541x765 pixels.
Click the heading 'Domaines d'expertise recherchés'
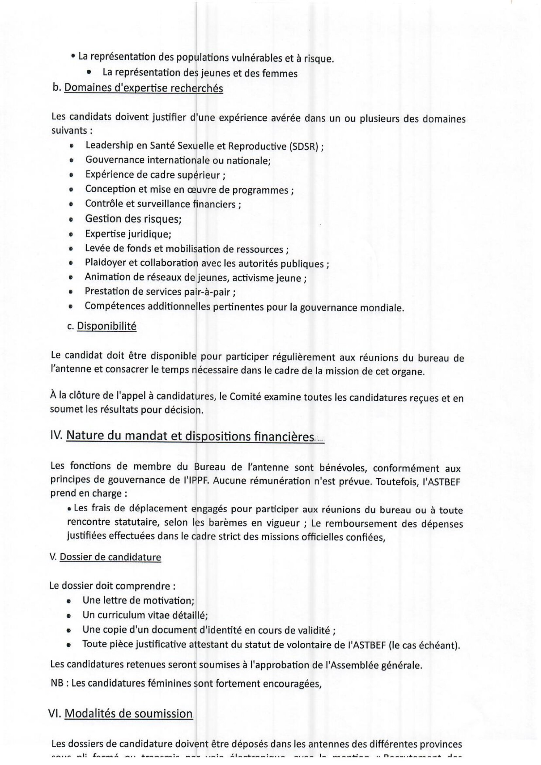[x=143, y=88]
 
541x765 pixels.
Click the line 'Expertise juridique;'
[x=128, y=234]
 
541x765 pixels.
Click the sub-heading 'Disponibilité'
[x=106, y=326]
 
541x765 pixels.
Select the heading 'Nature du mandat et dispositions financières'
[x=190, y=436]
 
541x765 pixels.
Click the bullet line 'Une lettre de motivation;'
[x=138, y=600]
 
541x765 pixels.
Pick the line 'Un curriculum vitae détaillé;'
[x=145, y=615]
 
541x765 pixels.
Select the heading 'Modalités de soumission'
[x=128, y=713]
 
